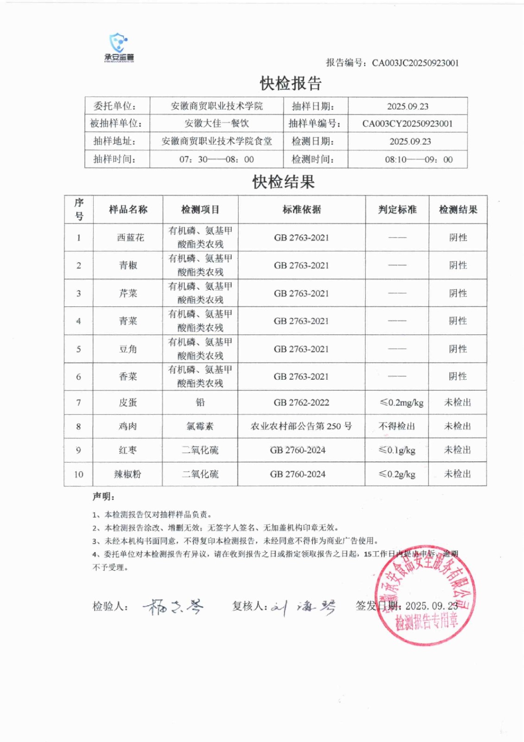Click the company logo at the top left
click(119, 47)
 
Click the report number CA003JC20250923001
click(415, 63)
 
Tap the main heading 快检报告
click(290, 83)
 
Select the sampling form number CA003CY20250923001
click(407, 124)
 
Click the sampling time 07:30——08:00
click(216, 160)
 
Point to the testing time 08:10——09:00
click(418, 160)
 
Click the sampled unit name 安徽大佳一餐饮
click(216, 124)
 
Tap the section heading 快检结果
click(283, 182)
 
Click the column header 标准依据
click(302, 210)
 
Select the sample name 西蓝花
click(130, 237)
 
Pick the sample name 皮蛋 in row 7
click(128, 403)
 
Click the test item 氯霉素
click(200, 426)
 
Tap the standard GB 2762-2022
click(301, 403)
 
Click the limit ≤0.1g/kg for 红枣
click(397, 450)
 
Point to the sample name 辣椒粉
click(127, 474)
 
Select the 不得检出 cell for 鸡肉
click(397, 426)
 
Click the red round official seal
click(425, 595)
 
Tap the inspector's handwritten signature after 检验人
click(173, 606)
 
